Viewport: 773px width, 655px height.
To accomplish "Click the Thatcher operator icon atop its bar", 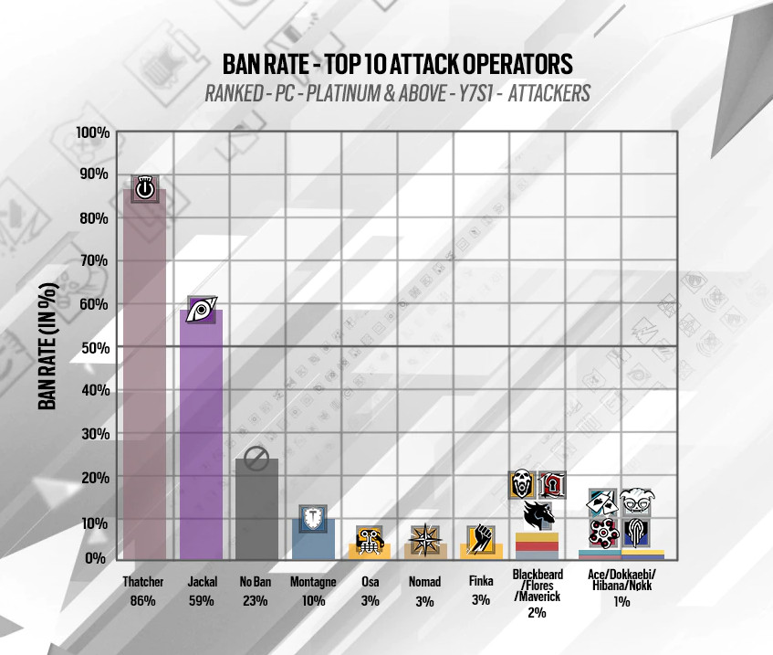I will [144, 189].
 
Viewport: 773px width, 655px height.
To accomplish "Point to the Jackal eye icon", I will [201, 311].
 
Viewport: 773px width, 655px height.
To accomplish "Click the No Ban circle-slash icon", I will [256, 460].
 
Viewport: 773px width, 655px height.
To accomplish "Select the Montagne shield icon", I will [313, 520].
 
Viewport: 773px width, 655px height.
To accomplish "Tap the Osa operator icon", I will [370, 540].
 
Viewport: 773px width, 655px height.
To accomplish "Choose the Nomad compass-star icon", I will [425, 539].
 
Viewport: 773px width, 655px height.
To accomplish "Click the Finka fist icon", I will [481, 539].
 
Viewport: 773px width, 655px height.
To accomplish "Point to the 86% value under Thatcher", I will [143, 600].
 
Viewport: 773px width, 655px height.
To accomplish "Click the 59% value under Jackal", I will [200, 600].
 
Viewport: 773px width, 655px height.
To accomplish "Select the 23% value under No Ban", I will [256, 600].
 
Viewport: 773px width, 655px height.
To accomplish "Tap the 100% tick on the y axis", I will [93, 133].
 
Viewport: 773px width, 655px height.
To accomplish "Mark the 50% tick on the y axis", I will [95, 347].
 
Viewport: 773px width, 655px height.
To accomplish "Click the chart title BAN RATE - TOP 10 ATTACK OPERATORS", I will [398, 64].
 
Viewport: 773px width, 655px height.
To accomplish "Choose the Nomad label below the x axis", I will [425, 582].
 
